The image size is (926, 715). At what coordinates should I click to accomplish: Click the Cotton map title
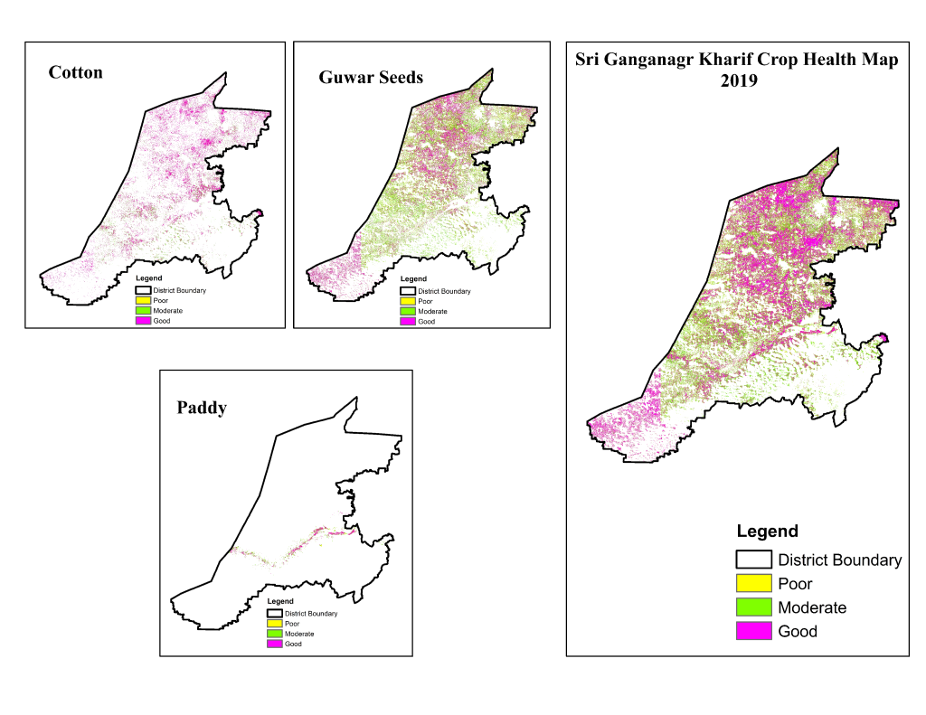tap(76, 72)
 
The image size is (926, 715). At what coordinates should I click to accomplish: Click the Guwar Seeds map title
tap(371, 78)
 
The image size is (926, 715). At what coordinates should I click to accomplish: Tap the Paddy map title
tap(202, 408)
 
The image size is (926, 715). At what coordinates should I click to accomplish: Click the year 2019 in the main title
tap(738, 80)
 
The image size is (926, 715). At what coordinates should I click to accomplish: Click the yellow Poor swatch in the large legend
tap(753, 584)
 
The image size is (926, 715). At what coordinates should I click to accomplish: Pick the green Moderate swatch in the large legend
tap(753, 607)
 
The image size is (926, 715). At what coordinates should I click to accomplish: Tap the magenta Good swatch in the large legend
tap(753, 631)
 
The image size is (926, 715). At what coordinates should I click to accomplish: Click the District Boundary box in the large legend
tap(753, 560)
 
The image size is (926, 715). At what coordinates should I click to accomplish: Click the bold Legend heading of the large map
tap(767, 532)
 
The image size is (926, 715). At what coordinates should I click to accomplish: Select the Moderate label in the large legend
tap(812, 607)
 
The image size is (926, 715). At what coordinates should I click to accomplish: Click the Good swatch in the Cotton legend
tap(143, 321)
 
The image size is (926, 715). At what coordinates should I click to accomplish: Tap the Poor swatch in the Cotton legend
tap(143, 300)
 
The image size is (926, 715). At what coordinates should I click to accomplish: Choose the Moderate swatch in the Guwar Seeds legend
tap(408, 311)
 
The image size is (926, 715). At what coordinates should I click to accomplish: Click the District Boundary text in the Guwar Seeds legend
tap(444, 291)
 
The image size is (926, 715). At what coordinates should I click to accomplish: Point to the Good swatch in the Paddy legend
tap(275, 644)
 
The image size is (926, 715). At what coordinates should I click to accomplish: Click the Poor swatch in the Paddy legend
tap(275, 624)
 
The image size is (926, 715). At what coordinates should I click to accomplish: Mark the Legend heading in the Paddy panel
tap(280, 601)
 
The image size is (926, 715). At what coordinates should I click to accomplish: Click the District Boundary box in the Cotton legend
tap(143, 290)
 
